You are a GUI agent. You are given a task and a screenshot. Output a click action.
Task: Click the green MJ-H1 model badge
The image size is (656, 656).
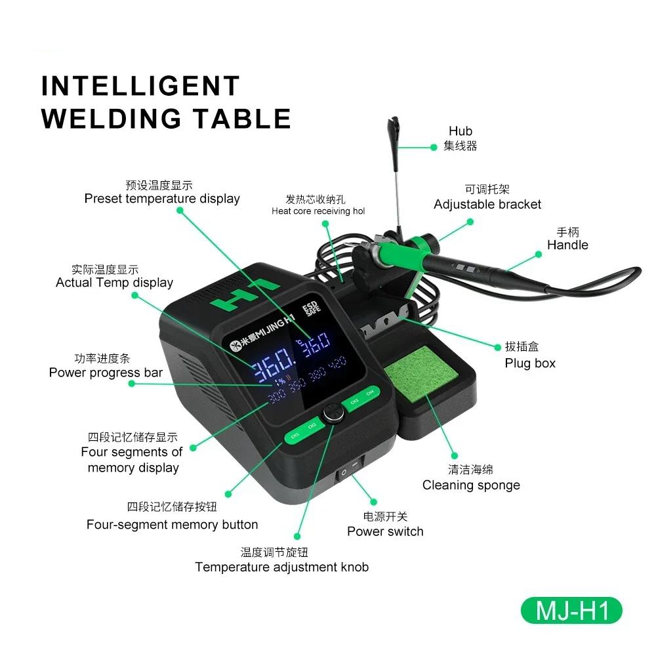click(571, 610)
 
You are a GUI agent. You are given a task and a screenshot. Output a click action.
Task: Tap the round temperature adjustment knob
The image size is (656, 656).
click(333, 413)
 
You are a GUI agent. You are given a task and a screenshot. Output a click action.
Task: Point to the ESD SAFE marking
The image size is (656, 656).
click(311, 308)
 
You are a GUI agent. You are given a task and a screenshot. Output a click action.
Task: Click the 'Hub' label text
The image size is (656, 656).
click(461, 131)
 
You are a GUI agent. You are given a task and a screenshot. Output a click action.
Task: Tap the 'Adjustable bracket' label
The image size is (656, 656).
click(487, 204)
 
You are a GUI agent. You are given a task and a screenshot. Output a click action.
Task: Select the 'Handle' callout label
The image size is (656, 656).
click(567, 245)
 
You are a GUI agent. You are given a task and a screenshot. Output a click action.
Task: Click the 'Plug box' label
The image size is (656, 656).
click(530, 363)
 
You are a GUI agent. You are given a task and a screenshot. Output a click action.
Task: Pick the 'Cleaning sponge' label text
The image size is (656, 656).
click(471, 485)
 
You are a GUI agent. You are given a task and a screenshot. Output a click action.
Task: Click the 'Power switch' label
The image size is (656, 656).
click(385, 531)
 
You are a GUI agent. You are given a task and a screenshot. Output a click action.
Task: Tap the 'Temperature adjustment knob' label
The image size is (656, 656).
click(282, 567)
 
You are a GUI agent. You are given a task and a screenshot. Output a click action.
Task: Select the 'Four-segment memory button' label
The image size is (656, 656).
click(173, 524)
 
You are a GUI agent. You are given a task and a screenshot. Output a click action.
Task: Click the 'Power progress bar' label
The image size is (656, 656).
click(106, 373)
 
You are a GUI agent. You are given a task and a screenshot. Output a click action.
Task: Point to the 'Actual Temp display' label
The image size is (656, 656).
click(115, 282)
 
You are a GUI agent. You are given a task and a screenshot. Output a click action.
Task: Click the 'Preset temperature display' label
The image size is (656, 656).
click(162, 198)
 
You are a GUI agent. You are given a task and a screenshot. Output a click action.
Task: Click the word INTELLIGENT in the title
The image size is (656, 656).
click(140, 86)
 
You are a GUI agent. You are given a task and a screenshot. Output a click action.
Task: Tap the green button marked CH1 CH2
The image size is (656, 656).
click(304, 432)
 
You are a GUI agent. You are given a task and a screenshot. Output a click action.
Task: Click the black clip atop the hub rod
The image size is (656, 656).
click(392, 125)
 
